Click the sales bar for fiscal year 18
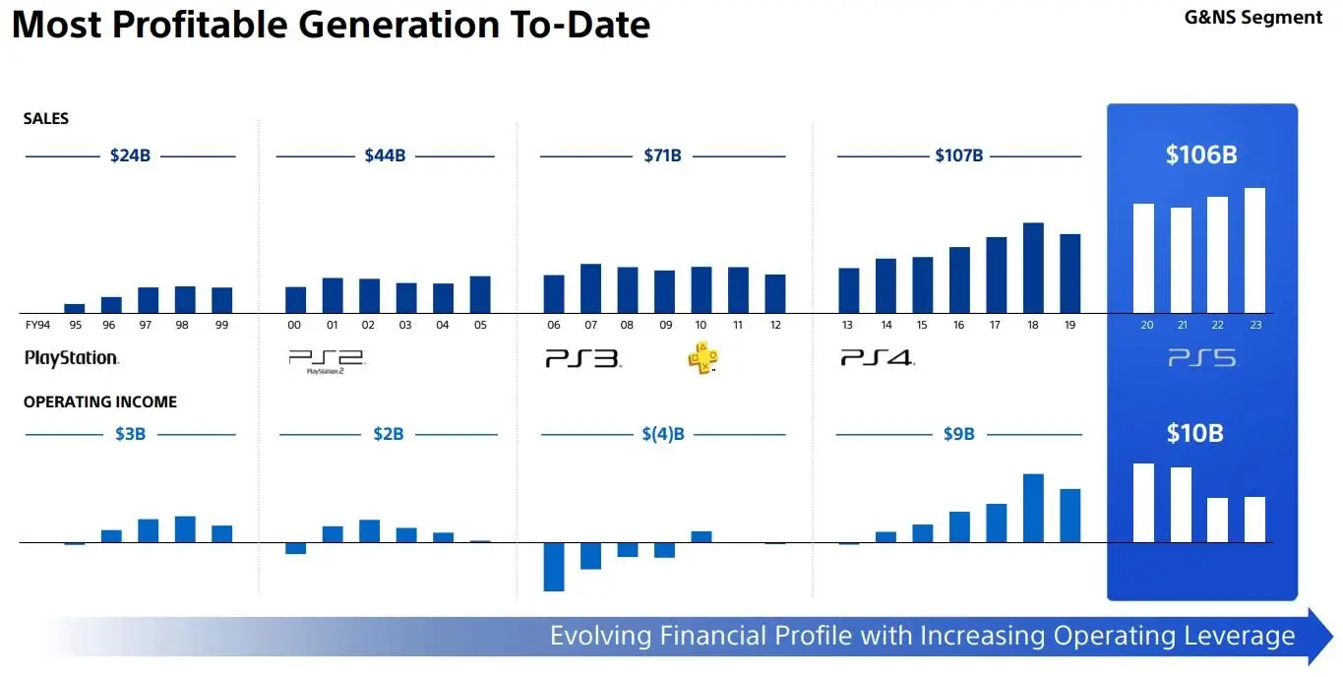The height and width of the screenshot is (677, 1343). (x=1033, y=268)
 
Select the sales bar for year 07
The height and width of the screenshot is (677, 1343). (x=590, y=288)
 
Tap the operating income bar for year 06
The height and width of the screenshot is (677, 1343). (x=553, y=567)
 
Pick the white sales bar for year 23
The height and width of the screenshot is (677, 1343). (x=1254, y=250)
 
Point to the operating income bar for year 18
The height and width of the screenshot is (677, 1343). (x=1033, y=508)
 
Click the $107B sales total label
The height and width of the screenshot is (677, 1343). (x=958, y=155)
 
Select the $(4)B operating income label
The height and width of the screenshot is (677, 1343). (x=663, y=434)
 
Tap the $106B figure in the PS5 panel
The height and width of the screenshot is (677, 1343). (x=1201, y=154)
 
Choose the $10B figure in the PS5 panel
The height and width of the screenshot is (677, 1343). (x=1194, y=433)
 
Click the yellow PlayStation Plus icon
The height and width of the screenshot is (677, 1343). (x=702, y=358)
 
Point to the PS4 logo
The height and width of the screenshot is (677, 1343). (x=878, y=358)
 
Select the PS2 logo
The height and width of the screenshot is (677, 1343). (x=327, y=361)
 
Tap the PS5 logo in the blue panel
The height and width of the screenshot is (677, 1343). (x=1201, y=358)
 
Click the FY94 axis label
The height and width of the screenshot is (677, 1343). (x=37, y=325)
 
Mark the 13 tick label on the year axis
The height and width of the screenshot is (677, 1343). (x=847, y=325)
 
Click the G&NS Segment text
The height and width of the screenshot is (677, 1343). (x=1253, y=18)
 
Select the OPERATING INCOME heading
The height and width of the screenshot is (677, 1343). (x=100, y=401)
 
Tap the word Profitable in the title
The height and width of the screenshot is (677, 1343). (x=200, y=26)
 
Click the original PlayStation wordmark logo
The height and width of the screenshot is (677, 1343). (x=72, y=358)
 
